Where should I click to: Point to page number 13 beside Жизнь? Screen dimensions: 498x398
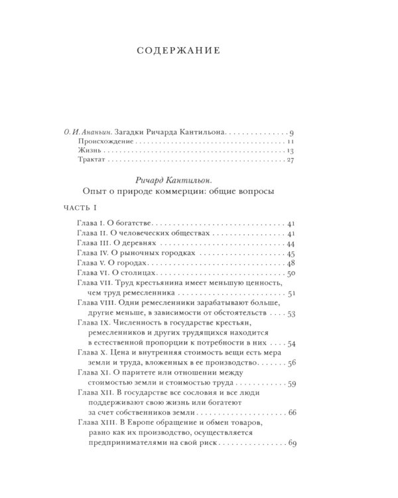[300, 153]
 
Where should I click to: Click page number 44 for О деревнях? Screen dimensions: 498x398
[298, 245]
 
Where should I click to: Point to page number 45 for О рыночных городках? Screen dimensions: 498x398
[298, 254]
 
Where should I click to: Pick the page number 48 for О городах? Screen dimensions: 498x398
[298, 264]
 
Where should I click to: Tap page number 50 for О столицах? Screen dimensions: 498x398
[298, 273]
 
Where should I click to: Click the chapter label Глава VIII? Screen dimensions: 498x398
[97, 303]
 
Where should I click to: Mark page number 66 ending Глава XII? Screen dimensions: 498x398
[298, 412]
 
